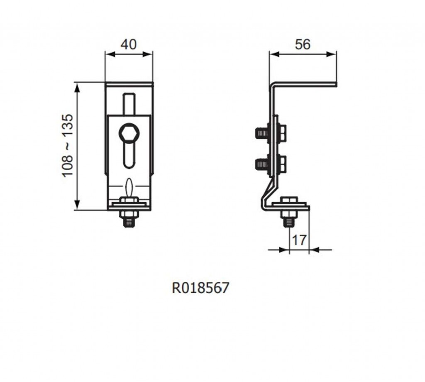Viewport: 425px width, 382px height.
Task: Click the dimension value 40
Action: click(129, 44)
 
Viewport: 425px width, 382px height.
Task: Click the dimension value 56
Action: click(303, 44)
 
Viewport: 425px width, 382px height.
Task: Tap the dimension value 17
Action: click(299, 240)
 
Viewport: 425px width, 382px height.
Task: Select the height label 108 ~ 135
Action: click(68, 146)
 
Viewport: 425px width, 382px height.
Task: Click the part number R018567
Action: click(200, 288)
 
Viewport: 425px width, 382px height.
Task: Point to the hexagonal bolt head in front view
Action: click(129, 133)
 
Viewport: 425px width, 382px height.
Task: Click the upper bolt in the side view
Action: click(271, 133)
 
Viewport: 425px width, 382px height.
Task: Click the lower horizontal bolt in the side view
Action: click(271, 163)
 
